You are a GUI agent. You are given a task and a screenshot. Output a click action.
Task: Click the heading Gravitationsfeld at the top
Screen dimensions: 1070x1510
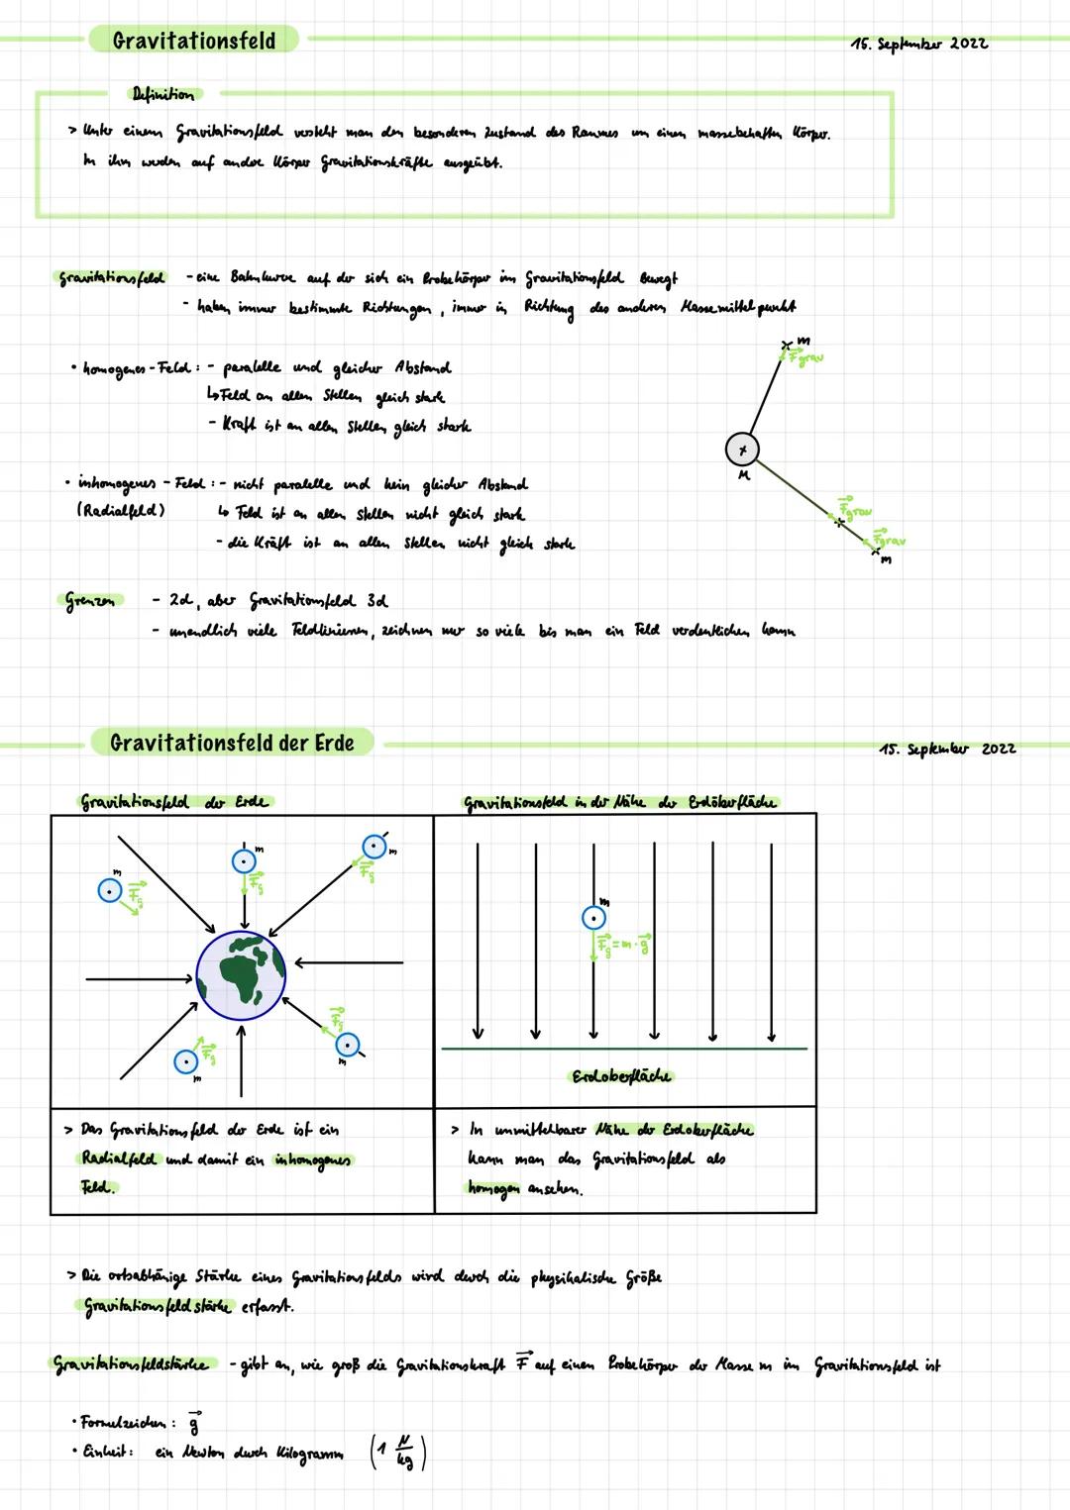point(193,41)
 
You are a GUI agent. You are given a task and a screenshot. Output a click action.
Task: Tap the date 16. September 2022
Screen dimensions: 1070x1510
point(918,43)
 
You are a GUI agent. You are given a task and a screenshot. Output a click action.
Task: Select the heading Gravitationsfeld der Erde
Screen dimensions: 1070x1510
point(232,743)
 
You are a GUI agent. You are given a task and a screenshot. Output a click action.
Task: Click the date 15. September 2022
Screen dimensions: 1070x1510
point(946,749)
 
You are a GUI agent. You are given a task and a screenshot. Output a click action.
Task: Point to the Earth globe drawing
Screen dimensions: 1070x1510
point(241,974)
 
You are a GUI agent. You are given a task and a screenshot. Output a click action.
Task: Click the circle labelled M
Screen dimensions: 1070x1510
point(743,450)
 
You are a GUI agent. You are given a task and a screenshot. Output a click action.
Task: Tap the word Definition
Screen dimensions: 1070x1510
point(163,94)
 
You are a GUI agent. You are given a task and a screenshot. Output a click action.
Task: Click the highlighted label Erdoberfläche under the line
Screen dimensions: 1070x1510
point(621,1076)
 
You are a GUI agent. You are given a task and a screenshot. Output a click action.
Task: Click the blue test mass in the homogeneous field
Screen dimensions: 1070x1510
point(593,918)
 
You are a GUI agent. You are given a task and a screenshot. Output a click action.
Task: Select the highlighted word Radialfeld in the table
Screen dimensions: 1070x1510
point(116,1158)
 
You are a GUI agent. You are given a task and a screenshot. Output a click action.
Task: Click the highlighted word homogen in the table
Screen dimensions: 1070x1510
point(493,1187)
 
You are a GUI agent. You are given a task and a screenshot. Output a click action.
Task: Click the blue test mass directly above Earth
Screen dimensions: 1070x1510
point(244,861)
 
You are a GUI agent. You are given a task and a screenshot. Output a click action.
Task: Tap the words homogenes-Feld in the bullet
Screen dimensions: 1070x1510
point(137,368)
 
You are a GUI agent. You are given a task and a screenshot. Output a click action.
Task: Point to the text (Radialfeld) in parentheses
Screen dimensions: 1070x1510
point(121,510)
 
